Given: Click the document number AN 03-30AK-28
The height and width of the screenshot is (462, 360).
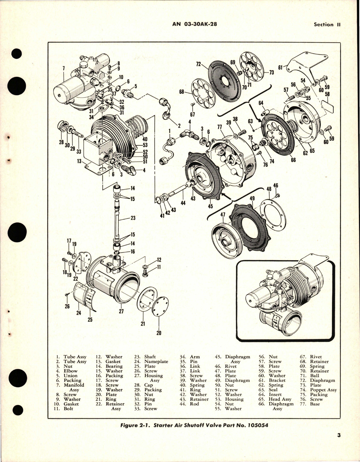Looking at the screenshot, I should coord(195,24).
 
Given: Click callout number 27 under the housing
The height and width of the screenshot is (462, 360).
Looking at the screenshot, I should coord(121,311).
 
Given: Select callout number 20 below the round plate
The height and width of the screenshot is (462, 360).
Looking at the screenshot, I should coord(159,333).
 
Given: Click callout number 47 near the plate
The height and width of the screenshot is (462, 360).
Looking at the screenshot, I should coord(223,215).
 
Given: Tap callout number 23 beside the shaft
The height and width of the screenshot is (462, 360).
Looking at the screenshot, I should coord(133,218).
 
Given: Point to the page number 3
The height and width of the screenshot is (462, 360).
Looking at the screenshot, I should coord(339,443).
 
